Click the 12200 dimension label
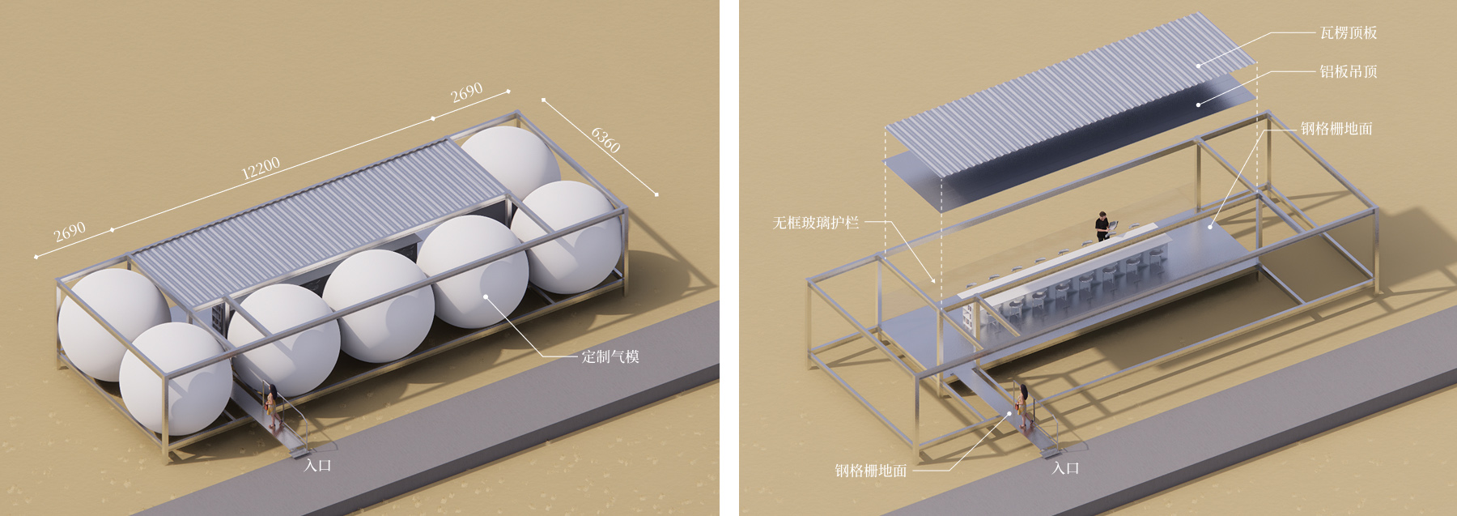tap(261, 168)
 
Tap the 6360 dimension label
tap(605, 140)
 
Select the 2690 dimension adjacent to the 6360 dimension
tap(467, 93)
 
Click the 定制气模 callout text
tap(610, 356)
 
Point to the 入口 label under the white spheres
tap(318, 466)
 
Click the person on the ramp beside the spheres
tap(274, 405)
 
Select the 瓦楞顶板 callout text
tap(1349, 33)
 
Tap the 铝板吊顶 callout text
tap(1349, 72)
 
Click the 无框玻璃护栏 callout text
tap(816, 222)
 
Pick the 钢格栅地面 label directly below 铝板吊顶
tap(1336, 129)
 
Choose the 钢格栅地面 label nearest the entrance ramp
tap(871, 471)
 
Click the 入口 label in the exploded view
tap(1066, 468)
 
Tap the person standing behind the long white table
tap(1102, 226)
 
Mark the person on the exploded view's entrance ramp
tap(1024, 404)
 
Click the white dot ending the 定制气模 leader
tap(486, 296)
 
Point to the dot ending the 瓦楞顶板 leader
tap(1198, 66)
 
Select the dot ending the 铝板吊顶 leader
tap(1198, 104)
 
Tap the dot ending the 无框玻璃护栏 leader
tap(933, 281)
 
